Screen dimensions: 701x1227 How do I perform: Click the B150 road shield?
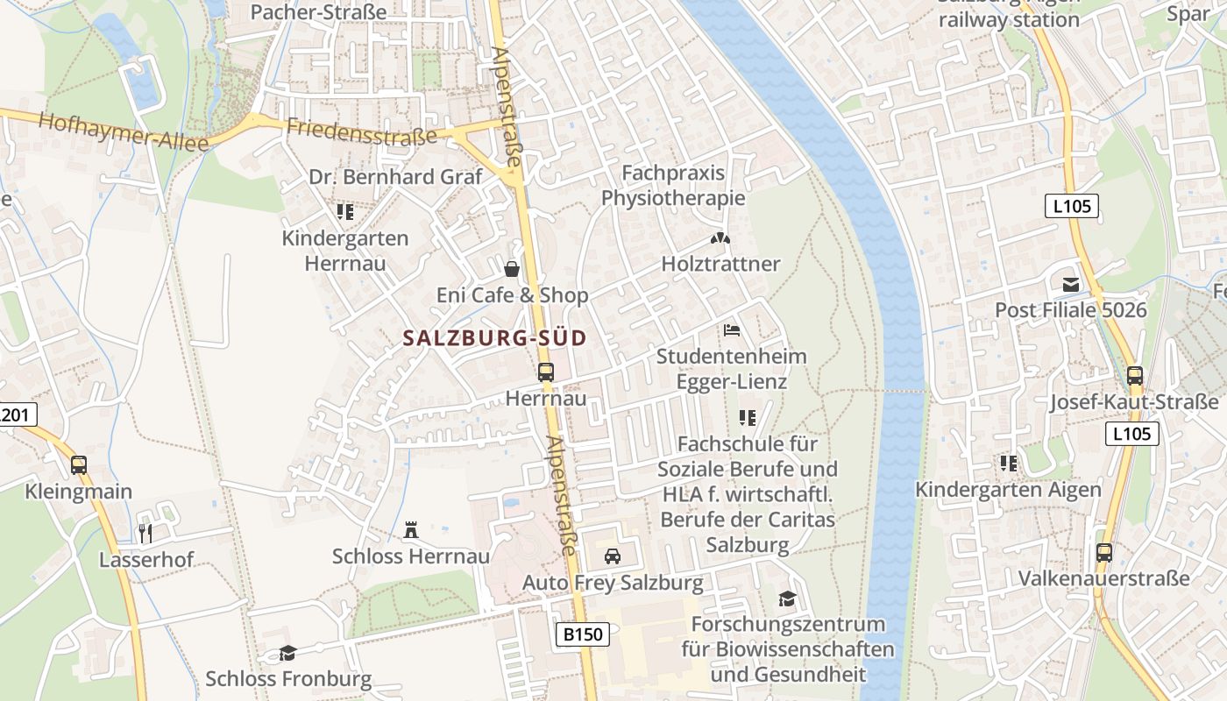[x=583, y=634]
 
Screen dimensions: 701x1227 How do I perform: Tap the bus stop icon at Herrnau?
[x=545, y=372]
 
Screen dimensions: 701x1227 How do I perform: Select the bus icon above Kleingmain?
[x=79, y=465]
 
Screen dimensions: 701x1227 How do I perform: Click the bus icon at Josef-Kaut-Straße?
[x=1135, y=376]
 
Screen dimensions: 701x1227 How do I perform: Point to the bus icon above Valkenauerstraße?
[x=1104, y=553]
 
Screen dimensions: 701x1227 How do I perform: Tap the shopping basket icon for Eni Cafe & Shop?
[x=512, y=268]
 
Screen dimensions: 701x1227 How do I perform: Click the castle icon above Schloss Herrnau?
[x=410, y=529]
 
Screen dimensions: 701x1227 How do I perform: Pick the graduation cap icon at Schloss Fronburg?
[x=287, y=653]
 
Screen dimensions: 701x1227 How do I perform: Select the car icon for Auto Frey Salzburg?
[x=613, y=556]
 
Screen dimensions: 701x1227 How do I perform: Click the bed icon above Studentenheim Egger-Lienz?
[x=732, y=330]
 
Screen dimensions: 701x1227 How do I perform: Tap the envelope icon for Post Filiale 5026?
[x=1070, y=284]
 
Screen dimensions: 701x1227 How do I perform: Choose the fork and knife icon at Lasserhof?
[x=145, y=533]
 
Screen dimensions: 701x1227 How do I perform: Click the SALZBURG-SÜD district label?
[x=494, y=338]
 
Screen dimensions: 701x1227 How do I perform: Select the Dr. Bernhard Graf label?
[x=395, y=177]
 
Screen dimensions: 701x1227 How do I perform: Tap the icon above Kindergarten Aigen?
[x=1009, y=463]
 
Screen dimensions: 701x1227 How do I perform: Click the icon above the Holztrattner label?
[x=720, y=237]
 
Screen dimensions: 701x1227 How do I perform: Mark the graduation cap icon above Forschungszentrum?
[x=787, y=598]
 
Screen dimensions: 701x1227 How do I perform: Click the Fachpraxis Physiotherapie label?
[x=673, y=185]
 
